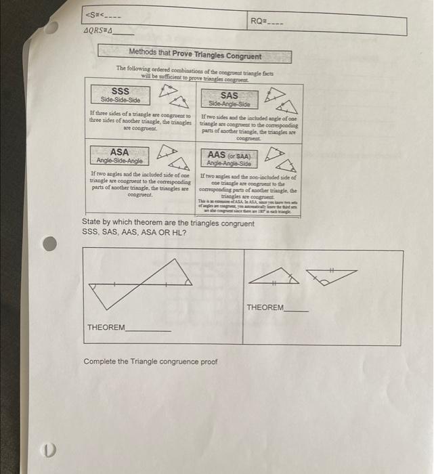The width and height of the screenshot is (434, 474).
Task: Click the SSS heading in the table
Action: pos(121,91)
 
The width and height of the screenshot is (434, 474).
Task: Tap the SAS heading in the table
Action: pos(229,95)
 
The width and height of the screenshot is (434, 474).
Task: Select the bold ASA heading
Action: pos(119,152)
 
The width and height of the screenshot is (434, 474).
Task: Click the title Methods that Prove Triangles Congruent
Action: pos(195,56)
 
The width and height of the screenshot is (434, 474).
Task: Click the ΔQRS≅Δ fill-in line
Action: pos(108,31)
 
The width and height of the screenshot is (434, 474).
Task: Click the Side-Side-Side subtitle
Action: pos(121,100)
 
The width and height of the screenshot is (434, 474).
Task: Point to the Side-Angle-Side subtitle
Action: pos(229,104)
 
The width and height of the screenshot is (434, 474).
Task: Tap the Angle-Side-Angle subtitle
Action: pos(119,160)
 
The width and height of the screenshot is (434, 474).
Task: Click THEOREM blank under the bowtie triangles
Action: pos(129,328)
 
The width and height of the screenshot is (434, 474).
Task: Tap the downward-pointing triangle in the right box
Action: pos(331,275)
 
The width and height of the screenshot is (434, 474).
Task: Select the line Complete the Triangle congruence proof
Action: pos(150,361)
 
